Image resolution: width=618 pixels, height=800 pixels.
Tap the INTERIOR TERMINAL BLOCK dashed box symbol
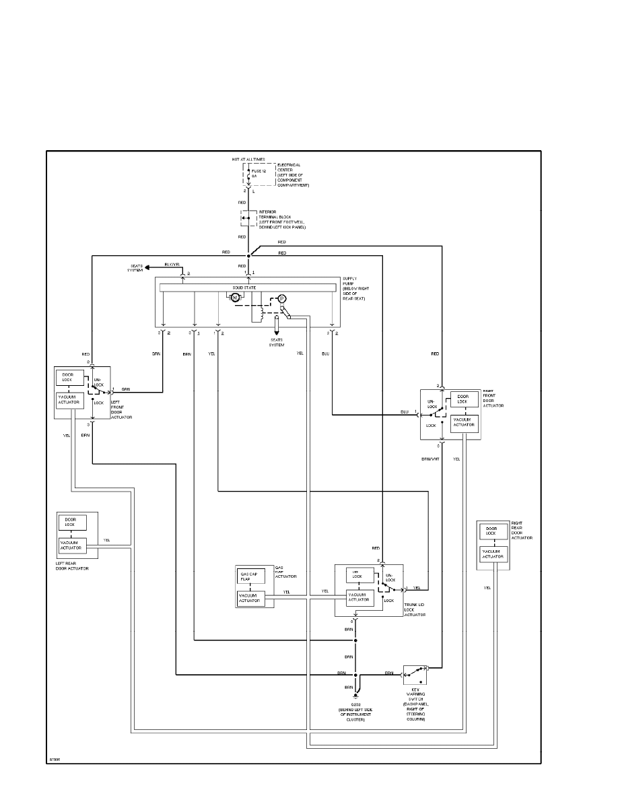[x=244, y=218]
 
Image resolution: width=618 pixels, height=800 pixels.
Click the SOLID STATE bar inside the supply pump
[x=248, y=288]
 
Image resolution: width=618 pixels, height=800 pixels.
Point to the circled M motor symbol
[x=236, y=297]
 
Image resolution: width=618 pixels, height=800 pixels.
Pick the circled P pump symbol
[x=283, y=298]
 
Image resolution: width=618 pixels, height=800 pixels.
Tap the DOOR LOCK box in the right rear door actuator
[x=491, y=532]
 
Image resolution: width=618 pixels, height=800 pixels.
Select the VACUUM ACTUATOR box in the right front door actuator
[x=464, y=423]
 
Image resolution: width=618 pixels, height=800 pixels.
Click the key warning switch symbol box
[x=415, y=673]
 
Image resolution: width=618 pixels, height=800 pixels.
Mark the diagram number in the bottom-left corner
[x=53, y=759]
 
